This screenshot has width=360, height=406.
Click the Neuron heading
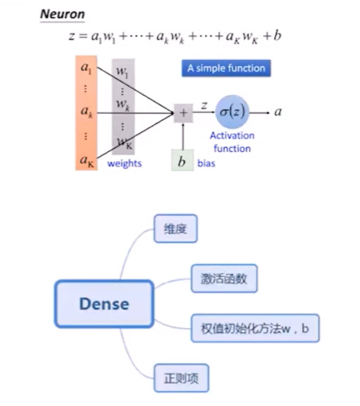coord(62,14)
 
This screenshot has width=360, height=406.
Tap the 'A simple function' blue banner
coord(226,68)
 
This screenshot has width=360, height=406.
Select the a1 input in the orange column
coord(86,68)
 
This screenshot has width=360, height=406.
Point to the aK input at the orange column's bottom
coord(87,161)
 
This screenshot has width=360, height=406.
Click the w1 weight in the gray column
coord(123,72)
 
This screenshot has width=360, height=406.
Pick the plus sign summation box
coord(183,113)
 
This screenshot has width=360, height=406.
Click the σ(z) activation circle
coord(232,111)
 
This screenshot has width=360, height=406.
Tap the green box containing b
coord(182,160)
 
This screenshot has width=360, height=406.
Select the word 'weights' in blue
coord(124,163)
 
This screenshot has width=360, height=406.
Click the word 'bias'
coord(206,163)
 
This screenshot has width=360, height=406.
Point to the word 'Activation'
coord(232,135)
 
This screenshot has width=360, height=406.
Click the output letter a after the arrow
coord(278,112)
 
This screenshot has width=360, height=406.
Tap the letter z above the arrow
coord(204,106)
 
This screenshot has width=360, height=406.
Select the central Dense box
coord(104,304)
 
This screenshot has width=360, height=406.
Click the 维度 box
coord(175,228)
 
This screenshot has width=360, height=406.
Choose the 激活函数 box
coord(224,279)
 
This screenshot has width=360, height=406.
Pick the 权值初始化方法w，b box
coord(255,328)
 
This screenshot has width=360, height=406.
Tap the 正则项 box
coord(182,378)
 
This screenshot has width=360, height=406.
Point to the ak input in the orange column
coord(87,111)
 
